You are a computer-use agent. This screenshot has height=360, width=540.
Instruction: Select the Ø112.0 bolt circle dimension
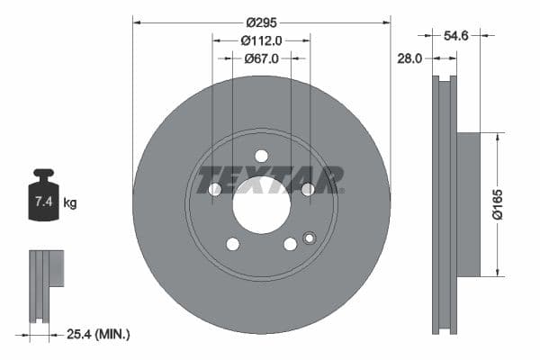[262, 40]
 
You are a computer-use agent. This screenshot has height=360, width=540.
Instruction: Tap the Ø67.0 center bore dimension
[262, 58]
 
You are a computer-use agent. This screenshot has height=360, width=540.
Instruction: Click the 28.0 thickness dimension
[409, 58]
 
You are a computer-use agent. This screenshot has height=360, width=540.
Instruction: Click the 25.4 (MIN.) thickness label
[100, 334]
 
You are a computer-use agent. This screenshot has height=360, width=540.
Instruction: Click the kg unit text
[70, 203]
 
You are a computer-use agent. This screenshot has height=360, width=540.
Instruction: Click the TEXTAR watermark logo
[270, 179]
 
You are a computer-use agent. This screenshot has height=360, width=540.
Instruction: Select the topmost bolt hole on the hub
[261, 156]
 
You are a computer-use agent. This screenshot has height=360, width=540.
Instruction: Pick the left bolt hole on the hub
[215, 189]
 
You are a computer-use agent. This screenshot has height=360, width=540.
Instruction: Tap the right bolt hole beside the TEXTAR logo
[307, 189]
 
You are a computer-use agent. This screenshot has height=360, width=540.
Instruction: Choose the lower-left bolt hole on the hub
[232, 244]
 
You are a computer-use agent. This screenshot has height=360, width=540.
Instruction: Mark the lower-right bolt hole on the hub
[290, 244]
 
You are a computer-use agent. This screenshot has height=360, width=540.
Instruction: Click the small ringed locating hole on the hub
[310, 238]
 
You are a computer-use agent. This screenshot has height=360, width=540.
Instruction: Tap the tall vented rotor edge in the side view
[443, 204]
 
